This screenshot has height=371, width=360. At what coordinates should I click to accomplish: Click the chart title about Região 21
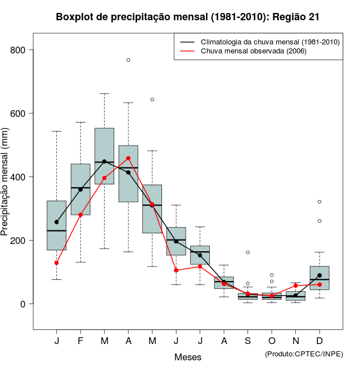(x=188, y=17)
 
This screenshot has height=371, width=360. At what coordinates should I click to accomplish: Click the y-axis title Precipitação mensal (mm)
(x=6, y=188)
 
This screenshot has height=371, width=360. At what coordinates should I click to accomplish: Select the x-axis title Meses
(x=188, y=357)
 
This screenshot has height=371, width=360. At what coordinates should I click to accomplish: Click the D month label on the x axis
(x=319, y=341)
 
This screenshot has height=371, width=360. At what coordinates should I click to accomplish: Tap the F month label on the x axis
(x=80, y=341)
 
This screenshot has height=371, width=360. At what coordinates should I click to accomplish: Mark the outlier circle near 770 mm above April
(x=128, y=60)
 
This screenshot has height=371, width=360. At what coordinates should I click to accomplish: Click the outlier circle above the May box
(x=152, y=99)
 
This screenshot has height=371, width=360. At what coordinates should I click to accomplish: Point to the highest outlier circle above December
(x=319, y=201)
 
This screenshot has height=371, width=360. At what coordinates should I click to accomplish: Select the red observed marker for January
(x=57, y=263)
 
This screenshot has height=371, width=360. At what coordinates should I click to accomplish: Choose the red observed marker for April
(x=128, y=159)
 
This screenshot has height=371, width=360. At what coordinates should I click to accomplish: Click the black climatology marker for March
(x=104, y=161)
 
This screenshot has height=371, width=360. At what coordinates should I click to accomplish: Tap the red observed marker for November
(x=296, y=286)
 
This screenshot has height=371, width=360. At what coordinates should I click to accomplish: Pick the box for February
(x=80, y=189)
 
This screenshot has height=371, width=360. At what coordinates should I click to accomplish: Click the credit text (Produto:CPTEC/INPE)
(x=304, y=354)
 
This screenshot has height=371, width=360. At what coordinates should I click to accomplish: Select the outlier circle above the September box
(x=248, y=252)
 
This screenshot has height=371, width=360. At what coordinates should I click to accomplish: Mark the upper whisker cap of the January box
(x=57, y=131)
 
